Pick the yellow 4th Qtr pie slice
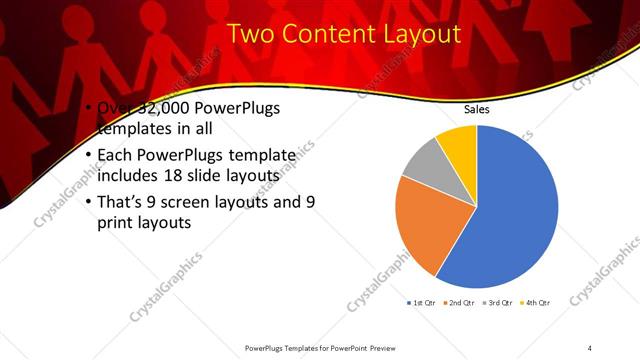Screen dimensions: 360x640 pos(459,143)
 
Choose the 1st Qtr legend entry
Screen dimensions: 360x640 pos(421,302)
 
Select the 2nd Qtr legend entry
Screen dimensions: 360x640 pos(460,302)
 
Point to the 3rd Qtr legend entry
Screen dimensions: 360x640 pos(499,302)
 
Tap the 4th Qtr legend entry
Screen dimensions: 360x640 pos(537,302)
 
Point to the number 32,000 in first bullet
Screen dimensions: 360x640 pos(155,109)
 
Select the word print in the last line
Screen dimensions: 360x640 pos(117,222)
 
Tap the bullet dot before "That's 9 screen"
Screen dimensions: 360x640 pos(89,200)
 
